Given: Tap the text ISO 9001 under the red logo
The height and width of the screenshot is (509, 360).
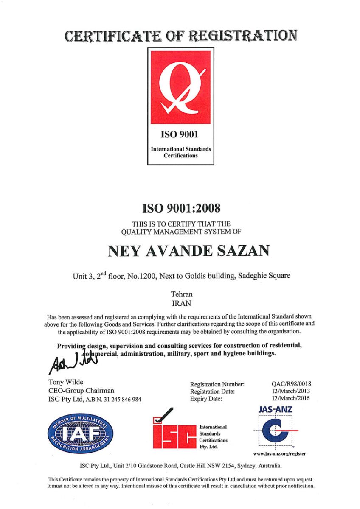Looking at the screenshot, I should click(x=180, y=135).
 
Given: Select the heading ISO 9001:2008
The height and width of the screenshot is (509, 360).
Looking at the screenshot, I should click(x=180, y=208).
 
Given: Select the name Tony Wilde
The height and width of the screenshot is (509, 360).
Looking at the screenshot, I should click(x=66, y=382).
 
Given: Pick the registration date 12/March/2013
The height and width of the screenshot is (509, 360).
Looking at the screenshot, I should click(x=291, y=391).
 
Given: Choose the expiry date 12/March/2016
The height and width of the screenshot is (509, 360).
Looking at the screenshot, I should click(x=291, y=398).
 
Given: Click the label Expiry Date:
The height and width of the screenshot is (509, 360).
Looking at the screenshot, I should click(x=206, y=399).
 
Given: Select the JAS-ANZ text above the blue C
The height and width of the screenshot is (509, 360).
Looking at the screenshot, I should click(x=275, y=410).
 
